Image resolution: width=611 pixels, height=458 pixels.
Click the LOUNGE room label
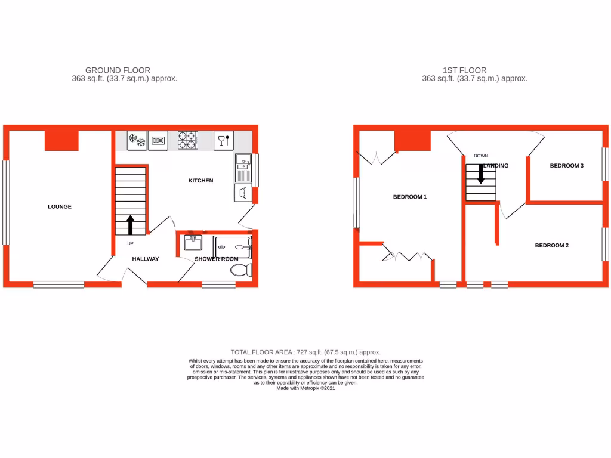pyautogui.click(x=60, y=206)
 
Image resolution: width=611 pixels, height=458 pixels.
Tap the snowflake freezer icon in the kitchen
pyautogui.click(x=137, y=141)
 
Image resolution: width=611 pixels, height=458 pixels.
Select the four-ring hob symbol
pyautogui.click(x=187, y=141)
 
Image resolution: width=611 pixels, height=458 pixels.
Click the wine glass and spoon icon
pyautogui.click(x=223, y=141)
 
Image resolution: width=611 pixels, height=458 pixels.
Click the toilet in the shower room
pyautogui.click(x=240, y=271)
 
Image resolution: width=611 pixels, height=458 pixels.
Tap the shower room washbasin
pyautogui.click(x=193, y=243)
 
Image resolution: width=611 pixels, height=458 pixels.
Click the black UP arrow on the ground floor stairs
pyautogui.click(x=130, y=225)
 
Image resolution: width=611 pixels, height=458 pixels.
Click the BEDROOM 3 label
pyautogui.click(x=566, y=166)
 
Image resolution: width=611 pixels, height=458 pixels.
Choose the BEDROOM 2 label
pyautogui.click(x=551, y=245)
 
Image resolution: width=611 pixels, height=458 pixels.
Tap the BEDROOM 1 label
pyautogui.click(x=409, y=197)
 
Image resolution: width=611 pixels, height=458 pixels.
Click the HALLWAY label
pyautogui.click(x=146, y=259)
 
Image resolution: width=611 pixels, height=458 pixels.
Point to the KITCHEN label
pyautogui.click(x=200, y=180)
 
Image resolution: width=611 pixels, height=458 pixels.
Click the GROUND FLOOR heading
pyautogui.click(x=118, y=70)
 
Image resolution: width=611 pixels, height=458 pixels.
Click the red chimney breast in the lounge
pyautogui.click(x=61, y=141)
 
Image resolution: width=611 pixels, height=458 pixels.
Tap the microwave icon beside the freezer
pyautogui.click(x=158, y=141)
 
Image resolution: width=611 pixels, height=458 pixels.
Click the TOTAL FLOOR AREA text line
pyautogui.click(x=305, y=352)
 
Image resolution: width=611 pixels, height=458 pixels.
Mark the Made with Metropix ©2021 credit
pyautogui.click(x=305, y=388)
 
